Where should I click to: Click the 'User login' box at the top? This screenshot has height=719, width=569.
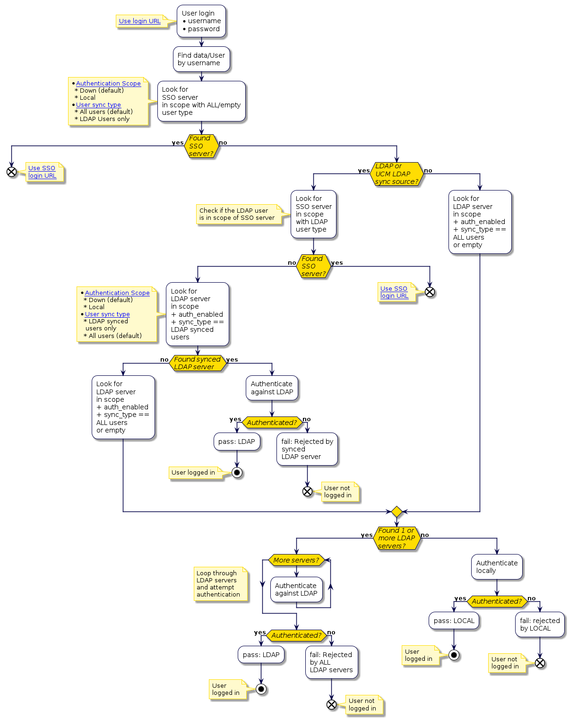click(201, 21)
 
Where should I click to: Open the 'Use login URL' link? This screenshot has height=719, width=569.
click(139, 21)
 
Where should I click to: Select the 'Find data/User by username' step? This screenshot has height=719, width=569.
click(201, 59)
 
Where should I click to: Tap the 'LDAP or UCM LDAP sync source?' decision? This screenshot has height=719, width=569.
click(397, 174)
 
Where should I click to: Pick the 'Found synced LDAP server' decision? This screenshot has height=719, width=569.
click(197, 363)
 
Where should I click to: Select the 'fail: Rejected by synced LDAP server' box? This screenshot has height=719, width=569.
click(307, 449)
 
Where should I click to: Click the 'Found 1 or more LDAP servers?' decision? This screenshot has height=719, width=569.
click(397, 538)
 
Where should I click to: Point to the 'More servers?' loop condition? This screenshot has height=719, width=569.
click(296, 560)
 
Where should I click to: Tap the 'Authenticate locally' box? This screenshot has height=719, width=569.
click(497, 567)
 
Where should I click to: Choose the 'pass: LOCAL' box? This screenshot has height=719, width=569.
click(454, 621)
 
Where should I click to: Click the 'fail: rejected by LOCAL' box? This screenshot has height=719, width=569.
click(540, 624)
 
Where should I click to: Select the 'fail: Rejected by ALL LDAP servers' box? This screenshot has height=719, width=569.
click(331, 662)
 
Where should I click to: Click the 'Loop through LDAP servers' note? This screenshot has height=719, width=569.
click(220, 584)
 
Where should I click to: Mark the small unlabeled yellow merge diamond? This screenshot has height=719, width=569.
click(397, 511)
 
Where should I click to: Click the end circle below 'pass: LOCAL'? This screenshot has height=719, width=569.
click(454, 655)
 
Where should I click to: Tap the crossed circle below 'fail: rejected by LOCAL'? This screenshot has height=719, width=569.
click(540, 663)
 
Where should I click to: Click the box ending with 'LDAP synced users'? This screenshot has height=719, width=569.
click(198, 314)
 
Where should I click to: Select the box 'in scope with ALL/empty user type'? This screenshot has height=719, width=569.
click(201, 101)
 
